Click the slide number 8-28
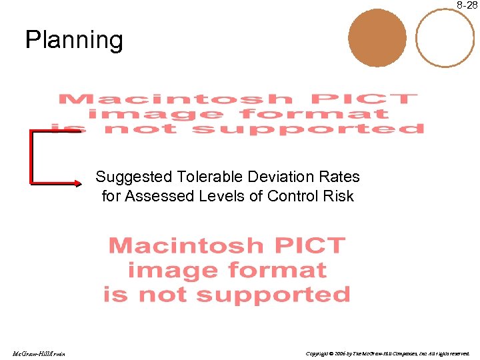pos(467,5)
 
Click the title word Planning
pos(74,40)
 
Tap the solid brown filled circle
pos(377,37)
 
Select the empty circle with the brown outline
pos(445,37)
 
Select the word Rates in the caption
pos(341,177)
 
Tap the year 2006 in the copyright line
pos(339,353)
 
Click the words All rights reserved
pos(449,353)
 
